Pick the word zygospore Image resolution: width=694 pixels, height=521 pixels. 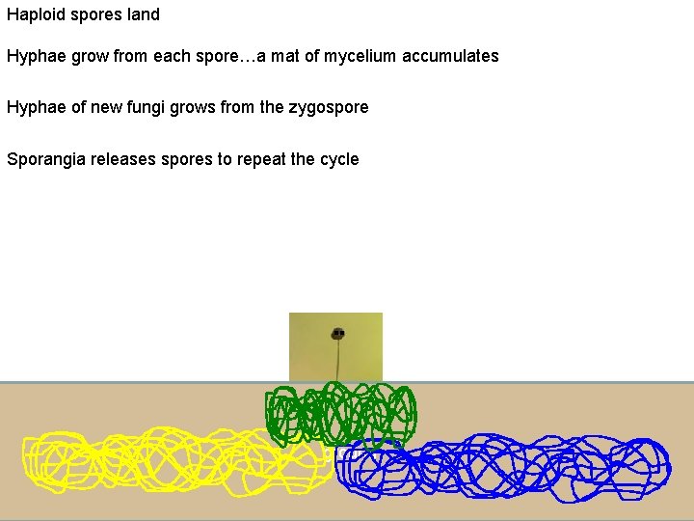click(x=328, y=107)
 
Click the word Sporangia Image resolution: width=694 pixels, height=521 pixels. click(x=46, y=159)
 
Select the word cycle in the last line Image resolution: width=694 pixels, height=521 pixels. click(x=337, y=159)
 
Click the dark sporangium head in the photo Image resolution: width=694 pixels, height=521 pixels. click(x=337, y=334)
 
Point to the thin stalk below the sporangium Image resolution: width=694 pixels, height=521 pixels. click(x=337, y=362)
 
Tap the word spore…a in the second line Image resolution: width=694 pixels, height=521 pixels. click(x=227, y=56)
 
